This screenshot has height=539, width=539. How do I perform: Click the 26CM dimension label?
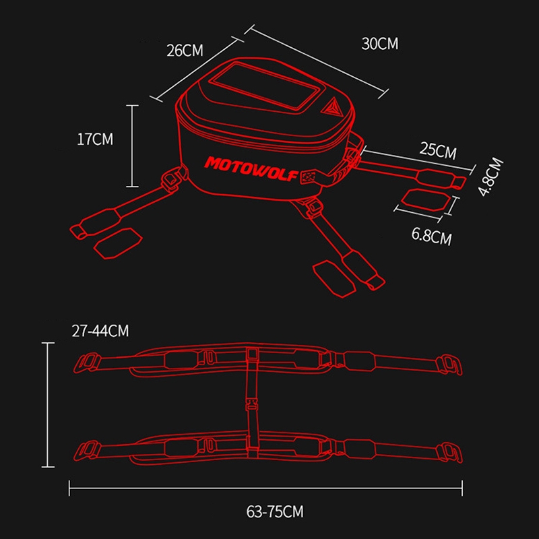(185, 51)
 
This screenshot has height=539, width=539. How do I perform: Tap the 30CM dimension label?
(380, 44)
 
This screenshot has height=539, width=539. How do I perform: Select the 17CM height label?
(95, 139)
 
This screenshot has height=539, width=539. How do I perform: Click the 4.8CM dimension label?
(491, 177)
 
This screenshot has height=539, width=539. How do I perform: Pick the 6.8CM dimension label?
(432, 236)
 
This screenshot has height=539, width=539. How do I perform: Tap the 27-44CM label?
(100, 331)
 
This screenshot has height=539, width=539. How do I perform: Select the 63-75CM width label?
(275, 511)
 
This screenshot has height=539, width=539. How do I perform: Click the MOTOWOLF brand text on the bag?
(251, 168)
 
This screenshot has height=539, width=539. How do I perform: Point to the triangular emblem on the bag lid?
(331, 107)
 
